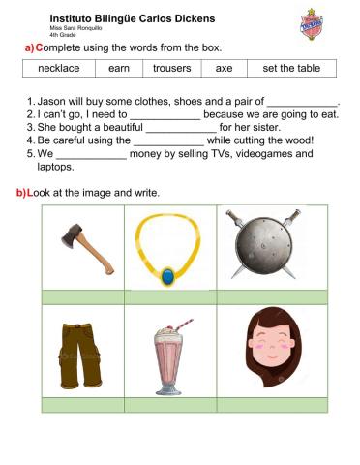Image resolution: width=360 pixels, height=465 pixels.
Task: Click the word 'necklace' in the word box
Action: coord(65,69)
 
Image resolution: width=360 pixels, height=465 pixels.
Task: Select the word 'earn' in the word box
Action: coord(119,69)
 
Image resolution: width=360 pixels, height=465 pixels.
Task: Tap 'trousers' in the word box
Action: coord(172,69)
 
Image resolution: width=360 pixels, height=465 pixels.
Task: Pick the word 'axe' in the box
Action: coord(224,69)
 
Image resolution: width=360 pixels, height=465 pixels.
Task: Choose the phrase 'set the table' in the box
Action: coord(288,69)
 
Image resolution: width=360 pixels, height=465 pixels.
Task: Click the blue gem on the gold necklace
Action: coord(170,277)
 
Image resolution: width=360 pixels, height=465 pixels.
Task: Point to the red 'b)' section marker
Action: coord(21,193)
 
